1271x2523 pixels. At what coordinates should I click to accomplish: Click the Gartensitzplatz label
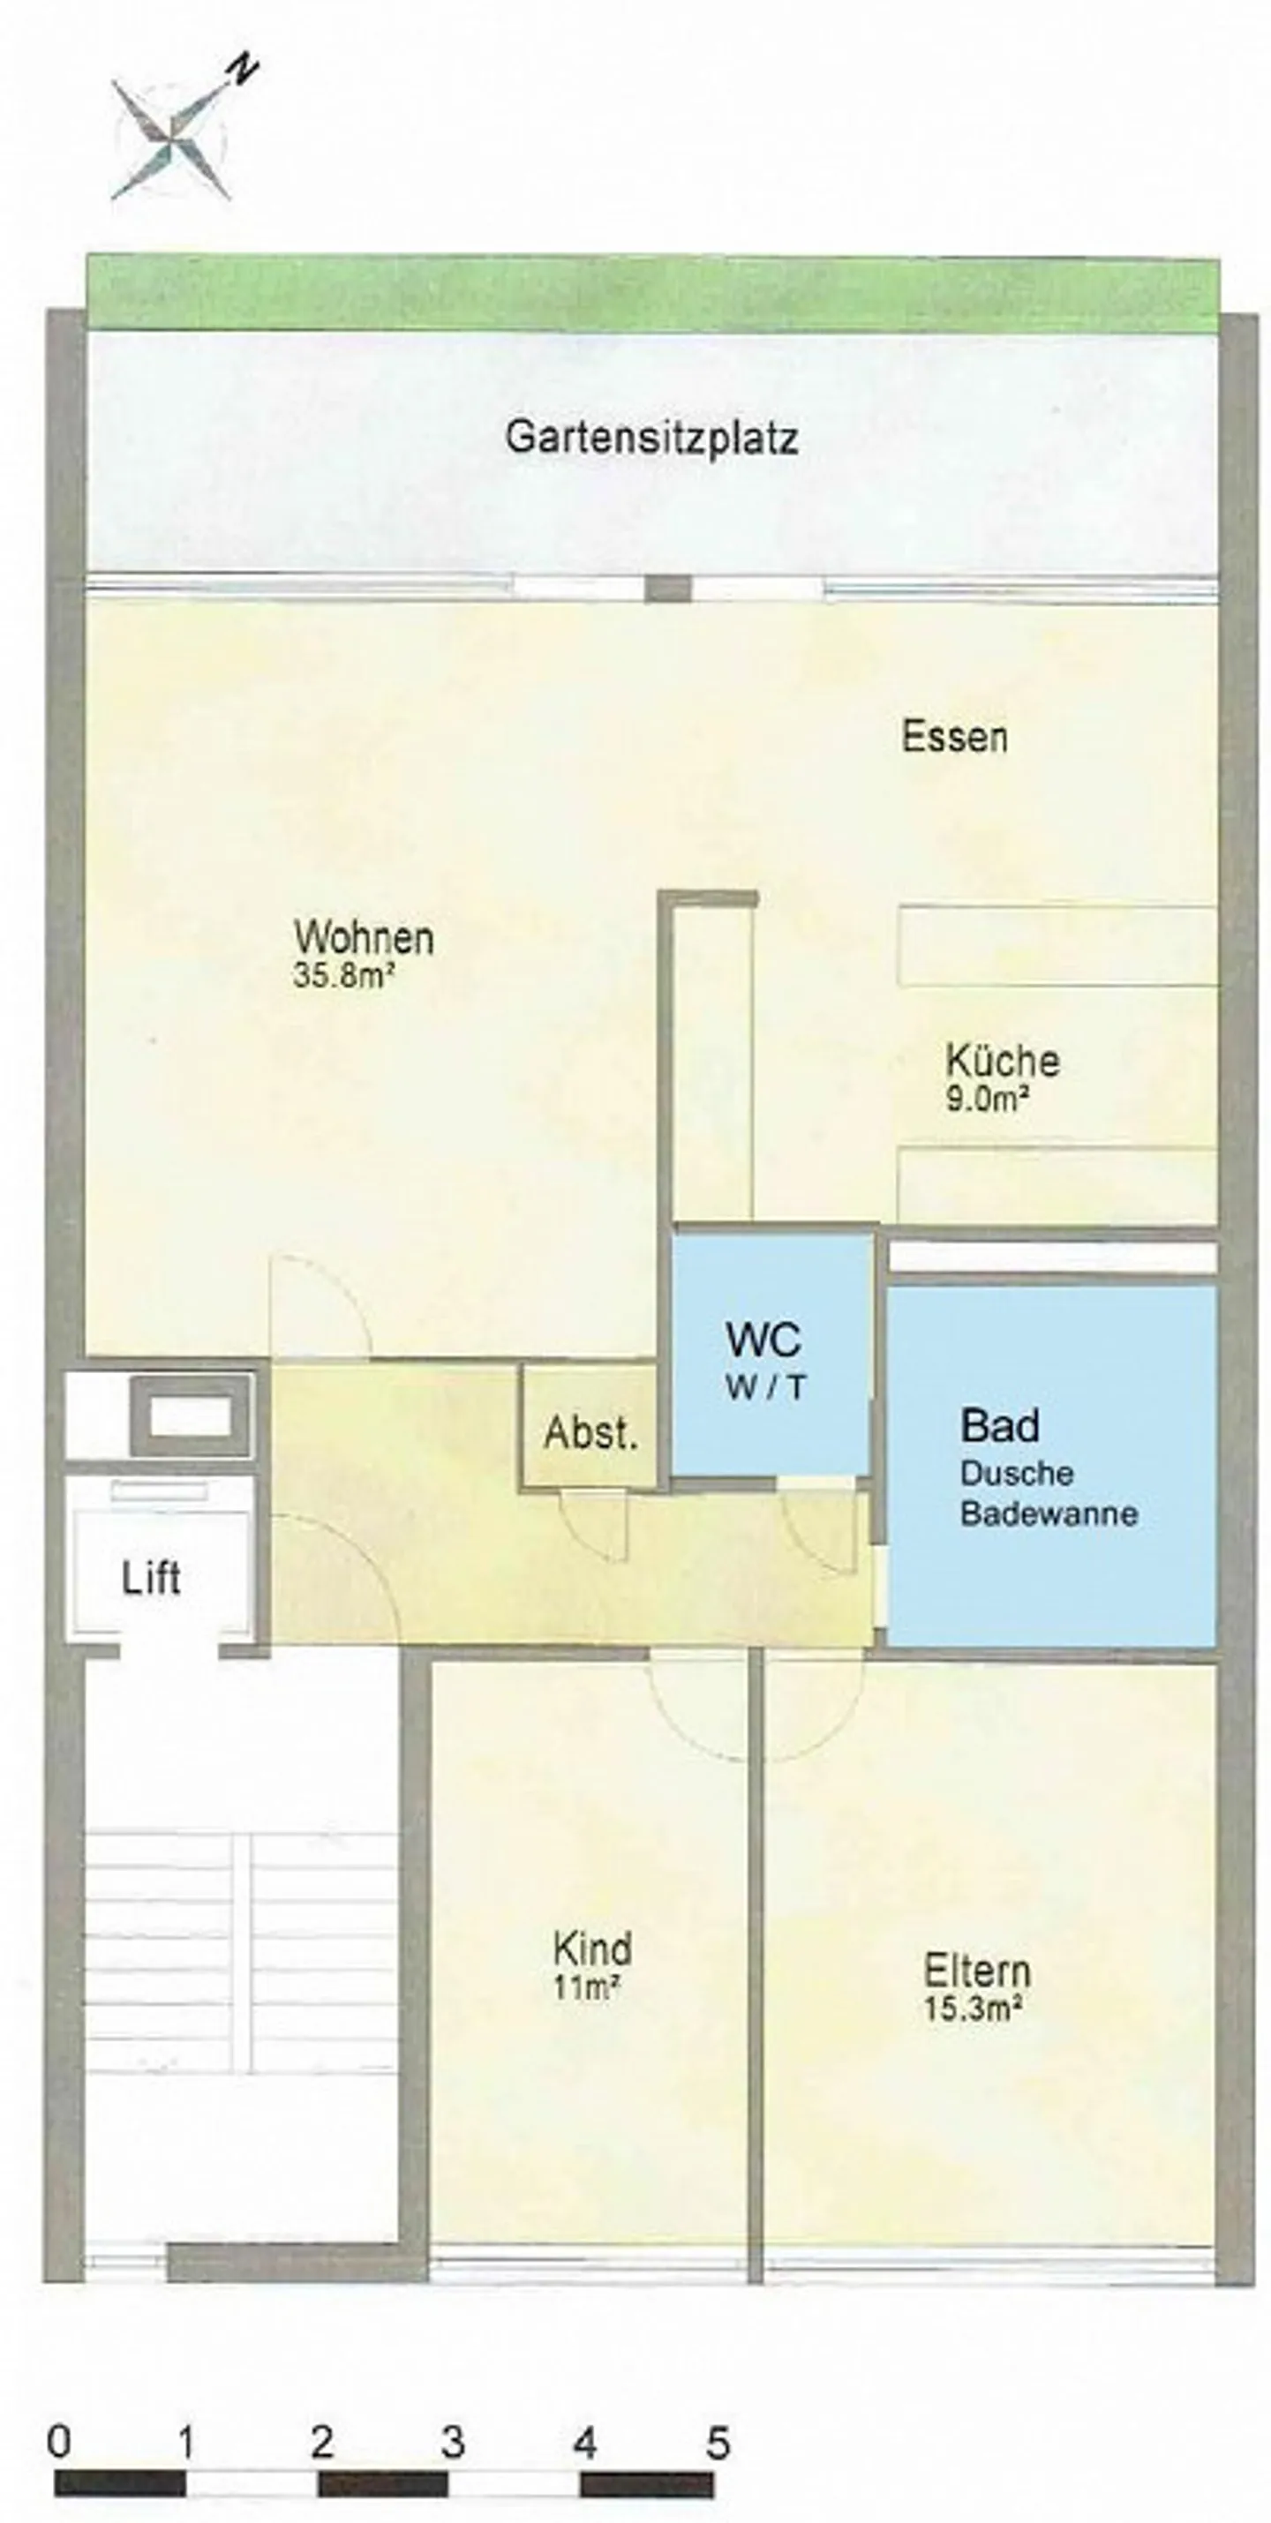pos(651,437)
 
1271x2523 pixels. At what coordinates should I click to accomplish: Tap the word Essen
pos(954,737)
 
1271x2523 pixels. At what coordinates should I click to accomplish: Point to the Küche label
pos(1003,1060)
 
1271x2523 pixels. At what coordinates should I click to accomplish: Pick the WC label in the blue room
pos(763,1339)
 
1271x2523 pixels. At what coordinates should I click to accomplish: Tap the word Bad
pos(999,1425)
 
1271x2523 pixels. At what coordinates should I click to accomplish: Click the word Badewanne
pos(1049,1513)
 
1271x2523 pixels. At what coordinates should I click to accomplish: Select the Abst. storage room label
pos(590,1433)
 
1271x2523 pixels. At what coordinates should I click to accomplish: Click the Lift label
pos(151,1578)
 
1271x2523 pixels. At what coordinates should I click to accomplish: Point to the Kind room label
pos(592,1949)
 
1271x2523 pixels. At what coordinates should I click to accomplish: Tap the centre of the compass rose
pos(172,132)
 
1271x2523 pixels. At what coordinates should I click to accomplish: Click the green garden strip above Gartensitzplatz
pos(652,292)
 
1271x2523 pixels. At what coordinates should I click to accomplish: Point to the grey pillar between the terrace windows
pos(667,589)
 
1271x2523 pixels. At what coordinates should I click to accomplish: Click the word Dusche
pos(1017,1473)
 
